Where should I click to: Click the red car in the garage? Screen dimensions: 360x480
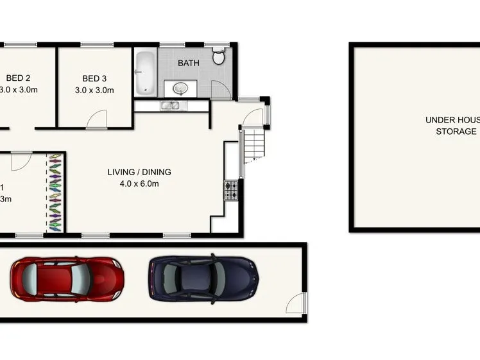[x=67, y=279]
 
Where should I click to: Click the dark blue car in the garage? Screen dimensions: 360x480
[x=203, y=279]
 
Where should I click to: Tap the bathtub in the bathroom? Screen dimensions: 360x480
[x=145, y=72]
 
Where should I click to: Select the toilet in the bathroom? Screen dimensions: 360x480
[x=219, y=57]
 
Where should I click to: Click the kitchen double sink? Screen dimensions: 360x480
[x=173, y=106]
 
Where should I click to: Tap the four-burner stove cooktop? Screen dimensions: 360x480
[x=231, y=189]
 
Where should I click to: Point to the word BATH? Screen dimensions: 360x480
[x=189, y=63]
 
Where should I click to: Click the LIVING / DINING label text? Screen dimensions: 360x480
[x=139, y=172]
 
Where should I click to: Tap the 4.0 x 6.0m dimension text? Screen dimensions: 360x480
[x=139, y=184]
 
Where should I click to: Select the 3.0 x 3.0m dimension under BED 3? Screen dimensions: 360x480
[x=94, y=90]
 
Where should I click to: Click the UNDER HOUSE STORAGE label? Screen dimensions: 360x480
[x=452, y=125]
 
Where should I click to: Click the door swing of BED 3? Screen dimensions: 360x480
[x=97, y=120]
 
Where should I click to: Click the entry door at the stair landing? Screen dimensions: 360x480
[x=254, y=117]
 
